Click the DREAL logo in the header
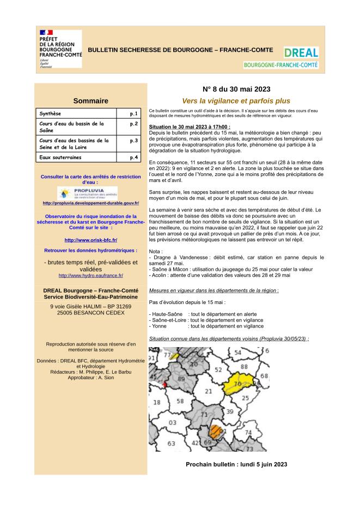point(301,53)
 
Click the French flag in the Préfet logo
point(46,33)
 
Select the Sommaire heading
point(90,101)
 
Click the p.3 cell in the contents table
point(133,141)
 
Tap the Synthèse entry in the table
point(50,114)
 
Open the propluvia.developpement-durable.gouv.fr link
point(90,203)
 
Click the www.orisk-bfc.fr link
point(90,240)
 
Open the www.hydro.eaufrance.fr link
point(90,276)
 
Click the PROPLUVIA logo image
point(90,193)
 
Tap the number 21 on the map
point(208,391)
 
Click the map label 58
point(180,402)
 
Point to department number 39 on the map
point(229,411)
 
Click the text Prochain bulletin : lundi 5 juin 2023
point(236,465)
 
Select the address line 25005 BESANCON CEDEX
point(90,314)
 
